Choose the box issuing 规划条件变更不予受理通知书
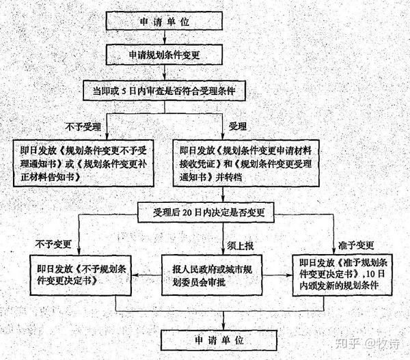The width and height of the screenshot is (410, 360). click(81, 160)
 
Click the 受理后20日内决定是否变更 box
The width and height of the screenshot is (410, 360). click(205, 211)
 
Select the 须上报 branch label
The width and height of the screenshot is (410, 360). click(241, 243)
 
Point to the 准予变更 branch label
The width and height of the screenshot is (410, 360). click(351, 243)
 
